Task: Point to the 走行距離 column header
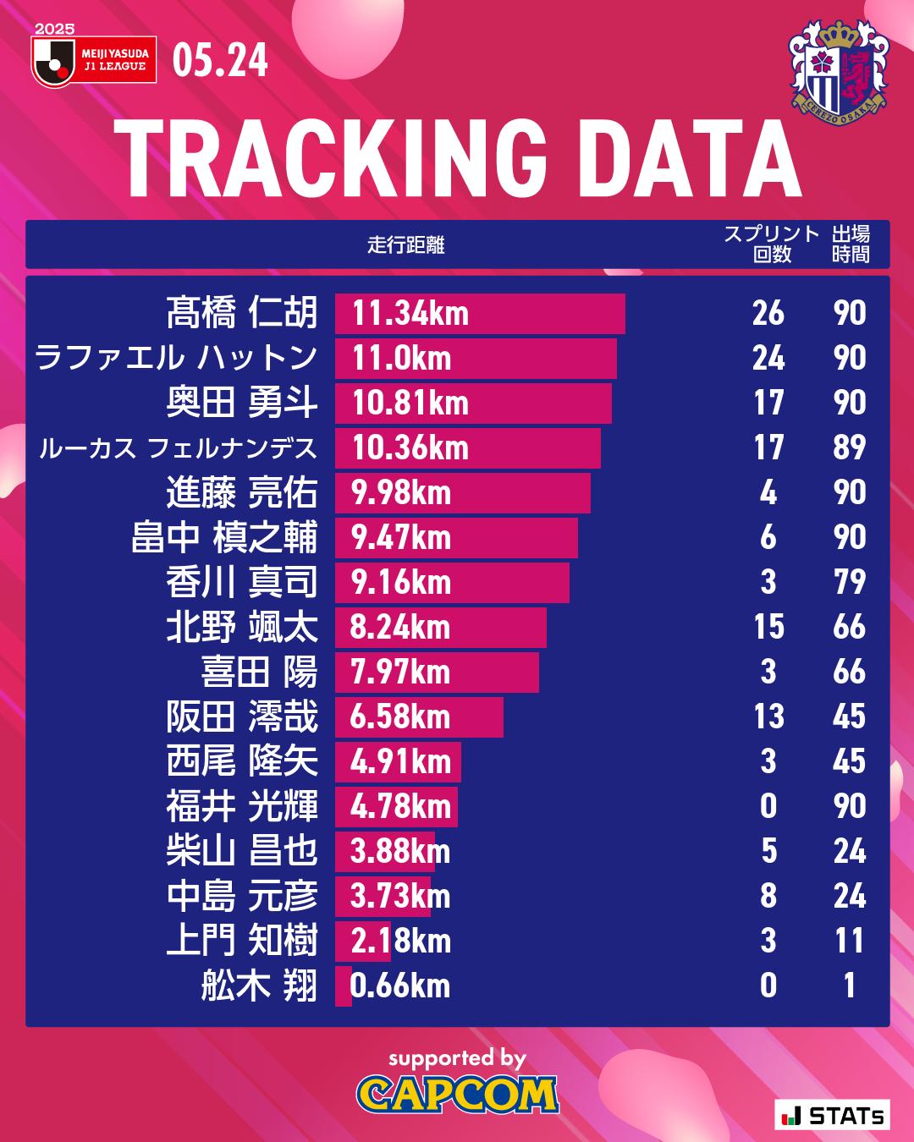[x=406, y=245]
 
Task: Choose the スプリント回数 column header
[x=771, y=244]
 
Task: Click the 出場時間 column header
[x=851, y=244]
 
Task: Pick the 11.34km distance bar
[x=479, y=314]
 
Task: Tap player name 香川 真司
[x=242, y=583]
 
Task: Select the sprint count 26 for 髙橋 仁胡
[x=768, y=314]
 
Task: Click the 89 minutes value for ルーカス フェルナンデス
[x=850, y=448]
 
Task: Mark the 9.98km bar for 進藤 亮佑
[x=462, y=493]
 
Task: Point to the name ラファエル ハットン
[x=176, y=359]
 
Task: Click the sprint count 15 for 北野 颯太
[x=768, y=628]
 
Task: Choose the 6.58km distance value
[x=400, y=717]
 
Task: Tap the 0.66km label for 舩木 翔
[x=400, y=986]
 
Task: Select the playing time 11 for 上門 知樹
[x=850, y=942]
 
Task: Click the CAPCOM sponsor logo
[x=457, y=1095]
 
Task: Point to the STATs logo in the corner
[x=833, y=1116]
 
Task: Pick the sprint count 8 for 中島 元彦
[x=768, y=897]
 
